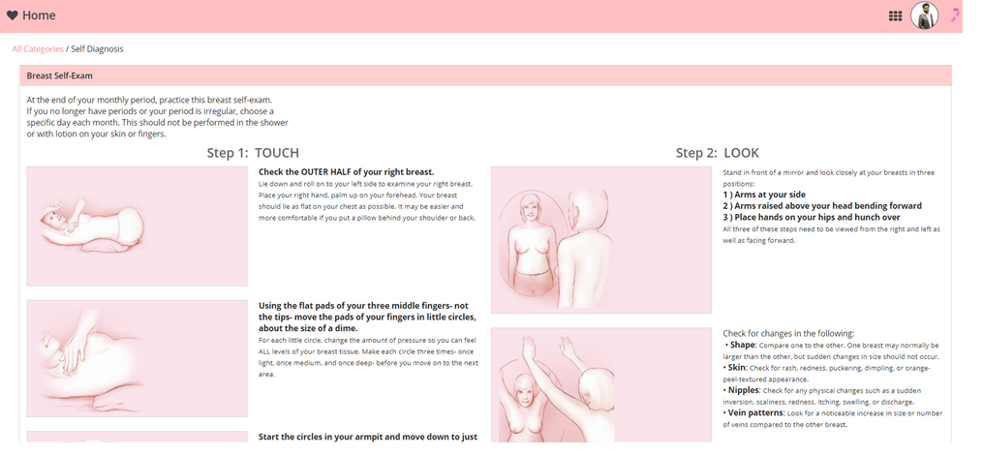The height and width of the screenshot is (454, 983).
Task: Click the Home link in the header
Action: [39, 15]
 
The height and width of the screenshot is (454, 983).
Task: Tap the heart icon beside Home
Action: [12, 15]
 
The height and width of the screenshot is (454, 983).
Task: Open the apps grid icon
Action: [895, 16]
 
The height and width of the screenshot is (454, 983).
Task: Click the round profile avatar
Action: [924, 15]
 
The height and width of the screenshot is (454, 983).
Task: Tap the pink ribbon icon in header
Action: [955, 15]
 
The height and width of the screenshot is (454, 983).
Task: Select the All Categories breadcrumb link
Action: [38, 48]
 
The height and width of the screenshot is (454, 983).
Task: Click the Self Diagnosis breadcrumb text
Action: [97, 48]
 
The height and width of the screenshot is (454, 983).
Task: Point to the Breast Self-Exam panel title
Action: [59, 76]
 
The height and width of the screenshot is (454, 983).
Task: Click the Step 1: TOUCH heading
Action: [253, 153]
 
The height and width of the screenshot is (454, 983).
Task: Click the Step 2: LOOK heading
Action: [718, 153]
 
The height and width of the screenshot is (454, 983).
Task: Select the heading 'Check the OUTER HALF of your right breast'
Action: [346, 171]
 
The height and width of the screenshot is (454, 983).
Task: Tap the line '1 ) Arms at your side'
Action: [764, 195]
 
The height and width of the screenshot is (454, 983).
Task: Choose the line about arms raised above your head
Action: [822, 206]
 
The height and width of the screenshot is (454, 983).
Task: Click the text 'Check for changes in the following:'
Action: [788, 334]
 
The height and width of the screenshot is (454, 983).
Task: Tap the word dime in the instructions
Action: [346, 329]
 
